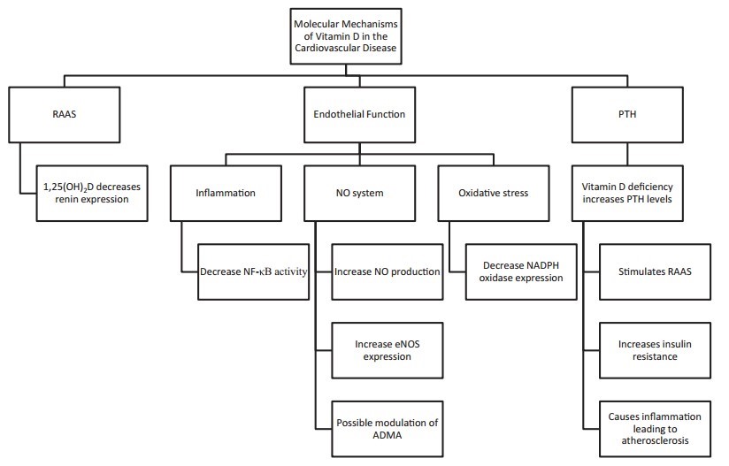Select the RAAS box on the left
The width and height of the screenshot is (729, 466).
click(x=63, y=113)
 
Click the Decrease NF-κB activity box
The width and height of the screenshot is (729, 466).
click(x=253, y=271)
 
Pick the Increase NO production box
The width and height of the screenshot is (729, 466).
click(x=387, y=271)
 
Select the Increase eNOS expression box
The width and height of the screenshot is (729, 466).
click(x=387, y=349)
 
